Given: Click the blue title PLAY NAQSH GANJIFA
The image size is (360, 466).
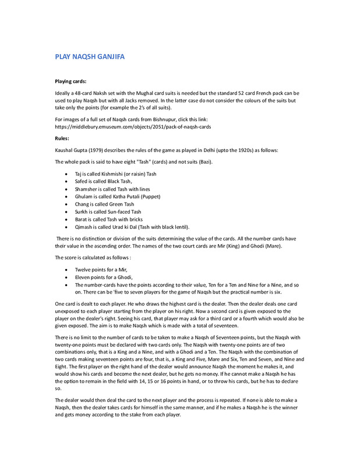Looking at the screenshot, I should coord(90,57).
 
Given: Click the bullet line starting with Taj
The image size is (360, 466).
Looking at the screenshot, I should coord(115,174).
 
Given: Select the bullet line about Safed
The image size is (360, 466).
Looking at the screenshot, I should coord(103,182).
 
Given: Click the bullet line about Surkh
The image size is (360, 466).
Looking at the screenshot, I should coord(107,212).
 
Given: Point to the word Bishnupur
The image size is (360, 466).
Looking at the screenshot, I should coord(180,119).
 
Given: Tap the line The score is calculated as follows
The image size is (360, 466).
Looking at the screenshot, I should coord(93,257).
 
